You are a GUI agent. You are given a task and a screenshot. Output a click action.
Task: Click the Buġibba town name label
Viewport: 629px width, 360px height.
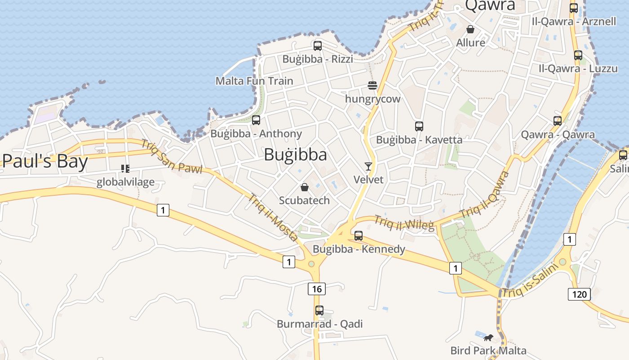click(x=295, y=154)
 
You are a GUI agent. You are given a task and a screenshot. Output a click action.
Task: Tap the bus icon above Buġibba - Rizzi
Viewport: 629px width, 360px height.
click(x=318, y=45)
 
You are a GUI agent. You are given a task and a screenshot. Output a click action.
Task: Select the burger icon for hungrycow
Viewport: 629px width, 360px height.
click(x=372, y=85)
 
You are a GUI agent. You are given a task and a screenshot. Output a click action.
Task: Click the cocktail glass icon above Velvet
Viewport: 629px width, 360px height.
click(x=368, y=166)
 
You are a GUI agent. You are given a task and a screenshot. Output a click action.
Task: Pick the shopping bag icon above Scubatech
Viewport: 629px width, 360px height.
click(x=305, y=187)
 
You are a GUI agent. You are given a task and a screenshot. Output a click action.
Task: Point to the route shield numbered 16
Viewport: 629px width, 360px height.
click(x=317, y=289)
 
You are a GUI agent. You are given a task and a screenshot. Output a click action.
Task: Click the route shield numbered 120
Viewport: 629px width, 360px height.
click(x=579, y=294)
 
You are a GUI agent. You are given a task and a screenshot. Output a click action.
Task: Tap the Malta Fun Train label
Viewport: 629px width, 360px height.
click(x=254, y=81)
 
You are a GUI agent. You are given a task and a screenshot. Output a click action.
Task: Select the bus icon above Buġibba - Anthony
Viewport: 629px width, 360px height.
click(x=256, y=120)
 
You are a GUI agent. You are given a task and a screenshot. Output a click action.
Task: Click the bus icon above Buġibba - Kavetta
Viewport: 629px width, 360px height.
click(x=419, y=126)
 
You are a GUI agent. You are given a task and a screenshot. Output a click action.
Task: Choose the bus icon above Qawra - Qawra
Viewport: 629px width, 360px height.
click(x=558, y=121)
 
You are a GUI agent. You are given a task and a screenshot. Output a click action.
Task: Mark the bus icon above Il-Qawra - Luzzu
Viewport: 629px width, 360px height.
click(x=578, y=55)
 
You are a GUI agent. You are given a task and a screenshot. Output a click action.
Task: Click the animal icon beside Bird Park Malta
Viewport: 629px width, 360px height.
click(x=488, y=337)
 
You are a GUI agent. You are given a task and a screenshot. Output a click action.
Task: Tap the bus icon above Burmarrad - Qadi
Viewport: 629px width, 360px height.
click(x=319, y=310)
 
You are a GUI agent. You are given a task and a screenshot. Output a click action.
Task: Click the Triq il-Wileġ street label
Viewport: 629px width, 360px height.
click(x=404, y=223)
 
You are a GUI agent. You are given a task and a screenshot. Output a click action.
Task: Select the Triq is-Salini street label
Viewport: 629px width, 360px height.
click(x=530, y=280)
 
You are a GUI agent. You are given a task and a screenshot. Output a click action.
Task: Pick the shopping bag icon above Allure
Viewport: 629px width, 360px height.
click(x=470, y=29)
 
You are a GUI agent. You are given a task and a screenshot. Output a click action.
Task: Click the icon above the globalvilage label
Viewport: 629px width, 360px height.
click(x=125, y=169)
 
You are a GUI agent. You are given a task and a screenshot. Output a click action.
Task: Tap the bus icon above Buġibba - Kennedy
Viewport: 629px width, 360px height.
click(x=359, y=235)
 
